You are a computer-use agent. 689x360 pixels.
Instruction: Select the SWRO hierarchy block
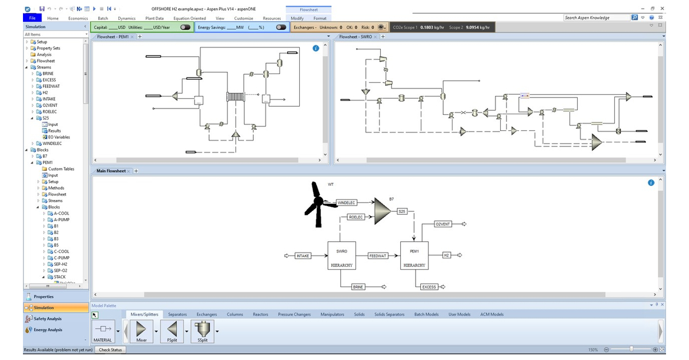point(341,256)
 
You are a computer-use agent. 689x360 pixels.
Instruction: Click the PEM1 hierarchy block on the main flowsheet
point(414,256)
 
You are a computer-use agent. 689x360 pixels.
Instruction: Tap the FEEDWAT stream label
point(378,256)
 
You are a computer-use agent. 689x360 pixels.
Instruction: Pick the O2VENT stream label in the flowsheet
point(443,224)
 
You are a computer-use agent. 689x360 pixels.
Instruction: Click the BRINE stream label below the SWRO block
point(358,287)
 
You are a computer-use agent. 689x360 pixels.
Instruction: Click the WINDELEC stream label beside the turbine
point(346,203)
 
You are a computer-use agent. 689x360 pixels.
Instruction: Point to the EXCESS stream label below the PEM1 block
point(429,287)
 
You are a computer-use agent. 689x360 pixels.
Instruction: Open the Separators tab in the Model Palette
point(177,314)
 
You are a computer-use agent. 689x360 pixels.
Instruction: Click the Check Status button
point(110,350)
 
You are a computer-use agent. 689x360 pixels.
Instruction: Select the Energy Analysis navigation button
point(48,330)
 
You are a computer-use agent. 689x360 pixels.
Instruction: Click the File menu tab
point(32,18)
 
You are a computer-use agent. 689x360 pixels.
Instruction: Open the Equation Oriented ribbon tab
point(189,18)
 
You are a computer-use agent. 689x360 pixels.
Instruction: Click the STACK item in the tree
point(60,277)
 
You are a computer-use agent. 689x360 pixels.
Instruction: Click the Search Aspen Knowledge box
point(595,18)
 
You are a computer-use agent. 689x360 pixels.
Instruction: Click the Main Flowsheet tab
point(111,171)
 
